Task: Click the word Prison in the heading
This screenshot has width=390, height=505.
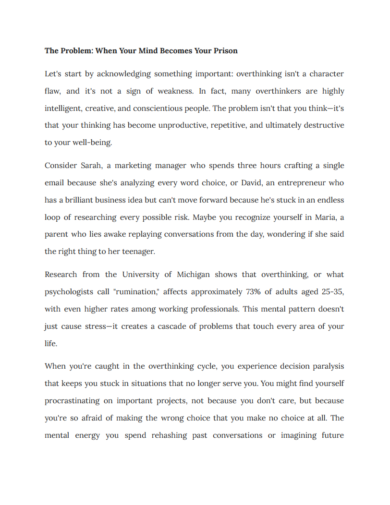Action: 226,50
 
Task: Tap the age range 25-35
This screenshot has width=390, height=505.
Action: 332,292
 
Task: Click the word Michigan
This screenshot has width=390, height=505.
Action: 193,275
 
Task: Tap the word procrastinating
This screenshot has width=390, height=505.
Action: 73,401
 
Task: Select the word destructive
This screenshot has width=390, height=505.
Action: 323,126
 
